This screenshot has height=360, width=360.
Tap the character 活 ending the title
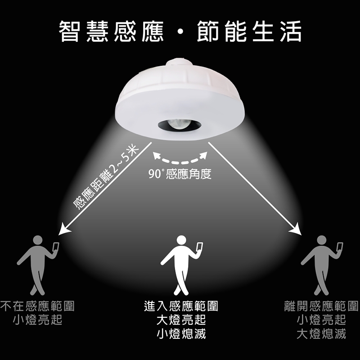[x=290, y=31]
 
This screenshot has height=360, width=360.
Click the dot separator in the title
[x=180, y=31]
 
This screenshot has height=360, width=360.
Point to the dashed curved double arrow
[x=180, y=158]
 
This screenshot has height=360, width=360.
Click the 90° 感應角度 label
[x=180, y=174]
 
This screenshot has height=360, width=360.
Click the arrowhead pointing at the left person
[x=63, y=229]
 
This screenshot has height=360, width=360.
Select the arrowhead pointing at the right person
[x=296, y=229]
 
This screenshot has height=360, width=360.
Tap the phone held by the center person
[x=199, y=247]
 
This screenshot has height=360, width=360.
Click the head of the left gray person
[x=38, y=240]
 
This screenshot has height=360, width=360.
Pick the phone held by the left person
[x=56, y=247]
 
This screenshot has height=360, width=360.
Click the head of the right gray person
[x=321, y=240]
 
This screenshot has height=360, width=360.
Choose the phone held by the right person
[x=340, y=247]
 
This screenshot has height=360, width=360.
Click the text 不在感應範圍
[x=37, y=306]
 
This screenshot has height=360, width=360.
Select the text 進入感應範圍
[x=181, y=306]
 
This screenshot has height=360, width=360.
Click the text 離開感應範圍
[x=321, y=306]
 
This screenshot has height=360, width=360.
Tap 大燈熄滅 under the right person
[x=321, y=334]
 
